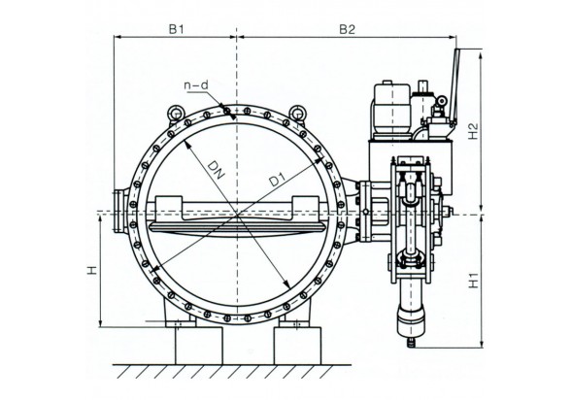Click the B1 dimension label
177,29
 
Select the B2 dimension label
347,29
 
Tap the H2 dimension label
473,131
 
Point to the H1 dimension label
473,280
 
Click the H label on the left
92,270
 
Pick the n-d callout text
196,85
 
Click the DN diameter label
216,170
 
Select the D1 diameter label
277,180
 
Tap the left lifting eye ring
176,113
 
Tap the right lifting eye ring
297,113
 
